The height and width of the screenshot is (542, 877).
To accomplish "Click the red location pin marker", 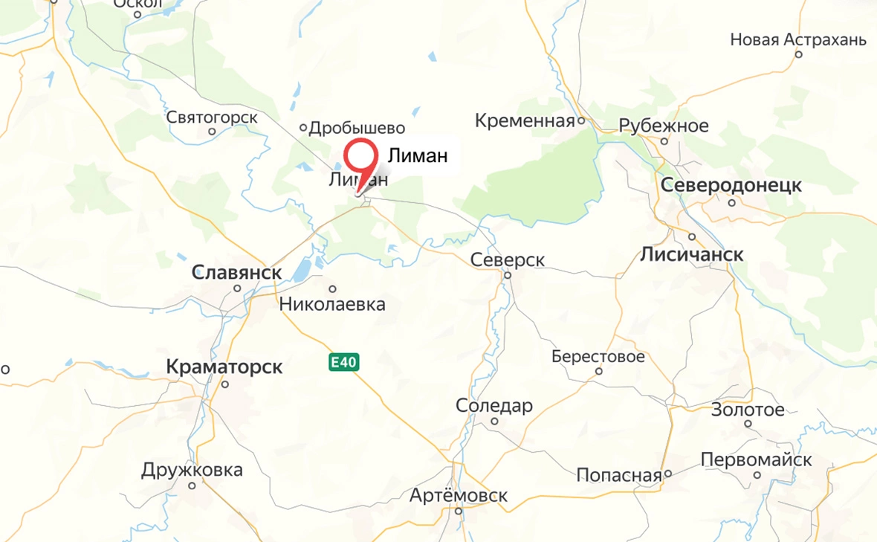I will pyautogui.click(x=362, y=160).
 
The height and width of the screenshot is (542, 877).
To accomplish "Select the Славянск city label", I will pyautogui.click(x=236, y=273).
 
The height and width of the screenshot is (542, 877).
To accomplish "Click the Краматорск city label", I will pyautogui.click(x=224, y=367).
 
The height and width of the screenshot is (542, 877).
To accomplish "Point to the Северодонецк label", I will pyautogui.click(x=731, y=185).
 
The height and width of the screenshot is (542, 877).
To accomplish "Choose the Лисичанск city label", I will pyautogui.click(x=691, y=255).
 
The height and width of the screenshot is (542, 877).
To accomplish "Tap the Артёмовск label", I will pyautogui.click(x=460, y=495).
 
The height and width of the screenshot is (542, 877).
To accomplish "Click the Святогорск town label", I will pyautogui.click(x=212, y=117).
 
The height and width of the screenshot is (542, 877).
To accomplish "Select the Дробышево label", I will pyautogui.click(x=357, y=128).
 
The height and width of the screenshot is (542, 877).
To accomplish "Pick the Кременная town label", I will pyautogui.click(x=525, y=120).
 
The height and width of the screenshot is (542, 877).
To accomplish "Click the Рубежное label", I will pyautogui.click(x=664, y=126).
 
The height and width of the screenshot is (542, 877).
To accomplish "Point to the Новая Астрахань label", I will pyautogui.click(x=798, y=39).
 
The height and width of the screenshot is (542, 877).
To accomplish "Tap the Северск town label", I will pyautogui.click(x=508, y=260).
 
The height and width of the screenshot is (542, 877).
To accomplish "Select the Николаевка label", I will pyautogui.click(x=332, y=303).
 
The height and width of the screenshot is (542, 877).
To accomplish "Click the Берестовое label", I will pyautogui.click(x=598, y=357).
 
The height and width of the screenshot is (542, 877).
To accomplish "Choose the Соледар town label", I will pyautogui.click(x=494, y=406).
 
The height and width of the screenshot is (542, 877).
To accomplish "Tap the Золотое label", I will pyautogui.click(x=748, y=410).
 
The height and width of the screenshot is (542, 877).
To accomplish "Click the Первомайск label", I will pyautogui.click(x=756, y=460).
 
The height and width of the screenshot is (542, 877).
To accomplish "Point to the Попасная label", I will pyautogui.click(x=619, y=475).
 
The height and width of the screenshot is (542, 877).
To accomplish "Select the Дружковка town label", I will pyautogui.click(x=192, y=470).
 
